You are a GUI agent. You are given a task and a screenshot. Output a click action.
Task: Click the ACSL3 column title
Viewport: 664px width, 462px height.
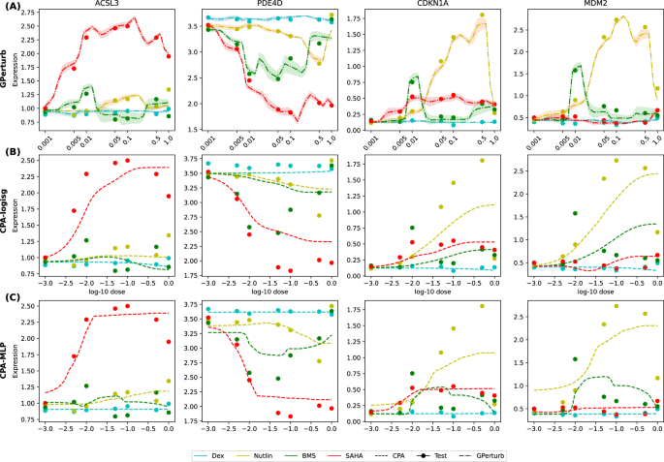click(108, 5)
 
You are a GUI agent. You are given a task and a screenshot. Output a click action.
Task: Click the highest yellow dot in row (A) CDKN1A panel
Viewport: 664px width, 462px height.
click(482, 15)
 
